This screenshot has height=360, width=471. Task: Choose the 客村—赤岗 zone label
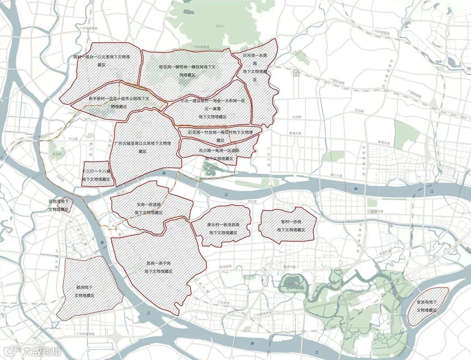pos(287,226)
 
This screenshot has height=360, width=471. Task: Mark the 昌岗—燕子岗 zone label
pos(158,267)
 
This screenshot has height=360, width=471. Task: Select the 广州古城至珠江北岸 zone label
pos(142,147)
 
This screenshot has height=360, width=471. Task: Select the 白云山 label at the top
pos(220,26)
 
